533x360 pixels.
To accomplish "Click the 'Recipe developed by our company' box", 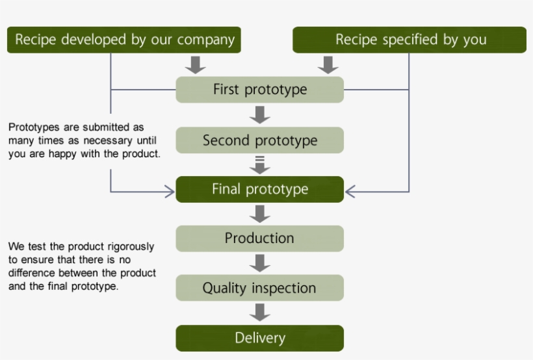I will click(124, 40).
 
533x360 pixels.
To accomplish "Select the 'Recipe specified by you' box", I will click(409, 40).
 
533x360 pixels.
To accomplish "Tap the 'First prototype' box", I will click(259, 90).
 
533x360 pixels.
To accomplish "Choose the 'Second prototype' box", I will click(259, 140).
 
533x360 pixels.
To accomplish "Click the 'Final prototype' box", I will click(259, 189).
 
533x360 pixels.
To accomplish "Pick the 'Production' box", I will click(259, 238).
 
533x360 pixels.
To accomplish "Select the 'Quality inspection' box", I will click(259, 288).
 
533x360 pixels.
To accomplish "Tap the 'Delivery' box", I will click(259, 338).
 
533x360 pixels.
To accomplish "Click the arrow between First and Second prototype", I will click(260, 115).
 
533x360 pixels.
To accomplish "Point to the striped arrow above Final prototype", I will click(260, 164).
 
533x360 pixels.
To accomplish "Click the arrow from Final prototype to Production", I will click(260, 214).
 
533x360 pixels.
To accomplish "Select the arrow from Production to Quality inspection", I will click(260, 263).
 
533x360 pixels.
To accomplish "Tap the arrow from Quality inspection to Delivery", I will click(260, 313).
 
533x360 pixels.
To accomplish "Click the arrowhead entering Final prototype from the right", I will click(351, 192).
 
